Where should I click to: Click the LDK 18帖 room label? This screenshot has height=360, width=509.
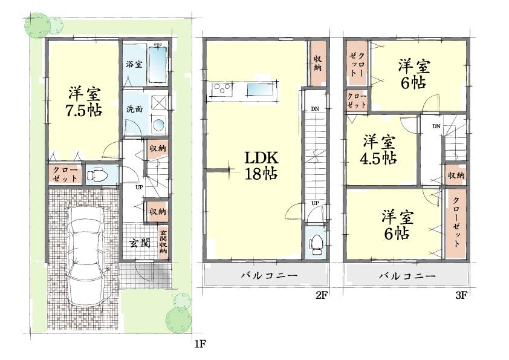(x=261, y=165)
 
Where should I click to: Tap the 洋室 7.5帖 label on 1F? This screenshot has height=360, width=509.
(x=83, y=102)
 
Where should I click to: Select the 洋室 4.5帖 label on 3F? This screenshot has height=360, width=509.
(x=380, y=150)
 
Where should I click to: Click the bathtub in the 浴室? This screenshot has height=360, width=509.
(x=157, y=64)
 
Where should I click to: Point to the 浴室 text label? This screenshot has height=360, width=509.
(x=134, y=64)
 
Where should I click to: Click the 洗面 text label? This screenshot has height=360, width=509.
(x=134, y=110)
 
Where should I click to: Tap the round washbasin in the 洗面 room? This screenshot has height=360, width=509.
(x=158, y=125)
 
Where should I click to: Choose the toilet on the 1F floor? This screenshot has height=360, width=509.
(x=96, y=175)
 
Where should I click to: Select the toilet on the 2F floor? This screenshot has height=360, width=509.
(x=315, y=243)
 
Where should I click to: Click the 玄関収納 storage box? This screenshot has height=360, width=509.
(x=163, y=242)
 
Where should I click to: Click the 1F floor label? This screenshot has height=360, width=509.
(x=200, y=344)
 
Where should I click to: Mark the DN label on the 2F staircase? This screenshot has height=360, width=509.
(x=314, y=109)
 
